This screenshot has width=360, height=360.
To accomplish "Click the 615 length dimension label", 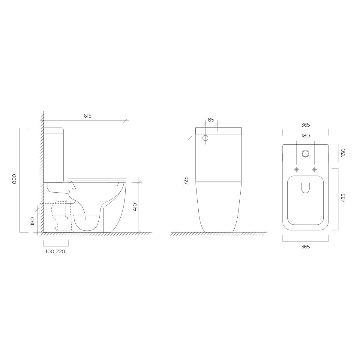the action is click(x=87, y=116).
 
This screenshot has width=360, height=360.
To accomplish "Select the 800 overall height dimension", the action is click(x=14, y=179).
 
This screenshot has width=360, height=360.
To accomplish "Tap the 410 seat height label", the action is click(x=135, y=207).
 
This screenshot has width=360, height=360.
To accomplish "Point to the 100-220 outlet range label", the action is click(x=55, y=251).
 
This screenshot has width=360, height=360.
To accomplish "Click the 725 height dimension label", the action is click(x=186, y=181).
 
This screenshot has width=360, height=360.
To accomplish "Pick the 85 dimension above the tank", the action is click(x=211, y=120).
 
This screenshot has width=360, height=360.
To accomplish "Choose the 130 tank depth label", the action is click(x=343, y=153).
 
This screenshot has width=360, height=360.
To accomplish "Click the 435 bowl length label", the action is click(x=343, y=198).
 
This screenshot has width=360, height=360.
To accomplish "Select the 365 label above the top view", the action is click(x=305, y=125).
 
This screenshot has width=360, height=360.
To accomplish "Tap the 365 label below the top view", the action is click(x=305, y=247).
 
